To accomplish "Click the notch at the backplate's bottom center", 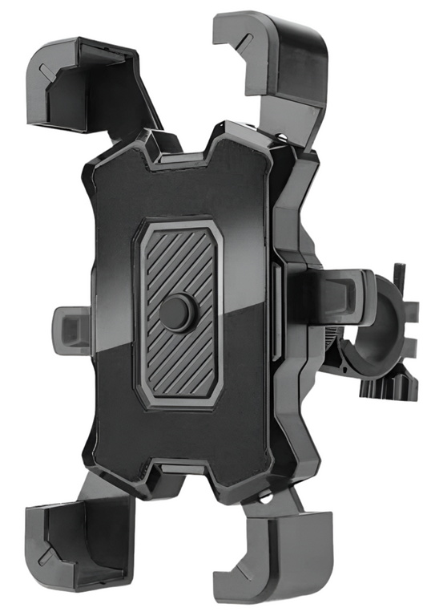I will (179, 467).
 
